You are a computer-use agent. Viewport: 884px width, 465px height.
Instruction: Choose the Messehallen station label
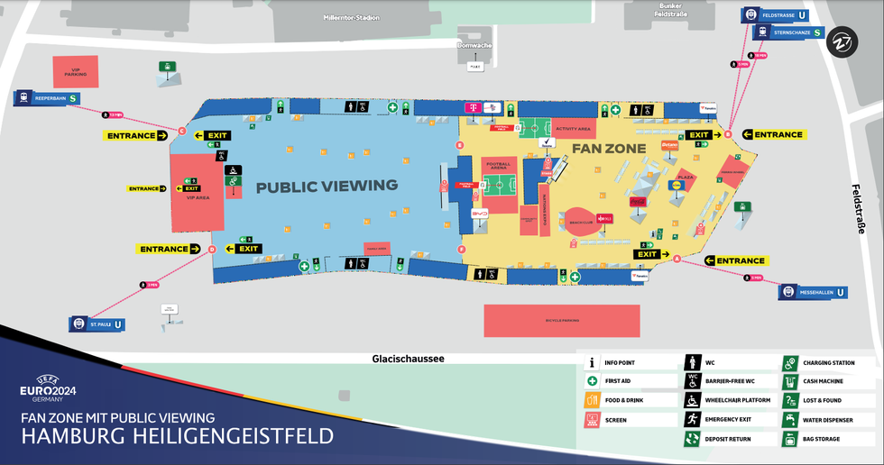[x=814, y=292]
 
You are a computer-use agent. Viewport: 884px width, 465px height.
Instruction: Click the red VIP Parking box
[x=81, y=70]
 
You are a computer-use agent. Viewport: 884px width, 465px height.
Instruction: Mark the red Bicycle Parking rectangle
[x=561, y=320]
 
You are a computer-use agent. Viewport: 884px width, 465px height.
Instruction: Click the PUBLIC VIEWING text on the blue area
[x=327, y=187]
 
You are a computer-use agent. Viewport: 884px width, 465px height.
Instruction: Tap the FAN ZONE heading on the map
[x=609, y=147]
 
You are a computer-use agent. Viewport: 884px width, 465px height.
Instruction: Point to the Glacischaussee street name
[x=408, y=359]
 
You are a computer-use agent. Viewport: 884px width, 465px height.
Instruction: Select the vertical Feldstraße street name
[x=858, y=210]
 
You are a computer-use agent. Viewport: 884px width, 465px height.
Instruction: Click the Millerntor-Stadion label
[x=352, y=17]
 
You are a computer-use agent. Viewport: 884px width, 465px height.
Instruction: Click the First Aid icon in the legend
[x=593, y=381]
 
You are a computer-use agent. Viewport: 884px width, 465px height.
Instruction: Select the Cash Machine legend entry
[x=789, y=381]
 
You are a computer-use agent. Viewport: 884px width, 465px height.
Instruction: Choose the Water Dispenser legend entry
[x=789, y=420]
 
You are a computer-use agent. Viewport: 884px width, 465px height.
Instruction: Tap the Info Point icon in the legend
[x=593, y=362]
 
